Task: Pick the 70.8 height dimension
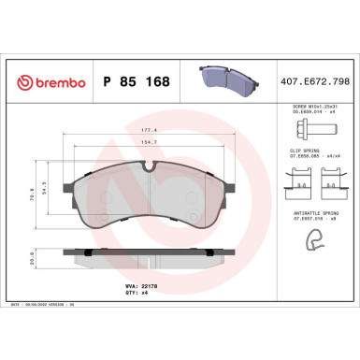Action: pyautogui.click(x=35, y=197)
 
